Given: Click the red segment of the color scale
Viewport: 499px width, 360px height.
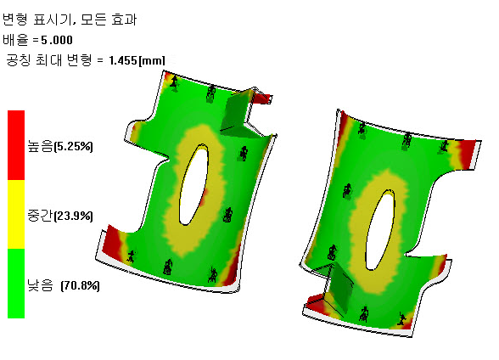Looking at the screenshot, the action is [16, 145].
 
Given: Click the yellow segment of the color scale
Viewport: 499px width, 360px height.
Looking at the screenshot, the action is [16, 214].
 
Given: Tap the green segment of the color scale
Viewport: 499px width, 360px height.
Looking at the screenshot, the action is [16, 284].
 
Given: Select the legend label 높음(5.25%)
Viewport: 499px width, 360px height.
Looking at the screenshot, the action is [60, 146].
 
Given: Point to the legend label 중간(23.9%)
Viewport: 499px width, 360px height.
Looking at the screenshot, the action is [60, 216].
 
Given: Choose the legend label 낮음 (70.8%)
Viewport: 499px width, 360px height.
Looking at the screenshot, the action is [64, 285].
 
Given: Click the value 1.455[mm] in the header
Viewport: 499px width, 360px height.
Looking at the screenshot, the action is [137, 60].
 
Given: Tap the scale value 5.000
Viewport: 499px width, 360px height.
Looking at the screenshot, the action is [57, 40].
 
